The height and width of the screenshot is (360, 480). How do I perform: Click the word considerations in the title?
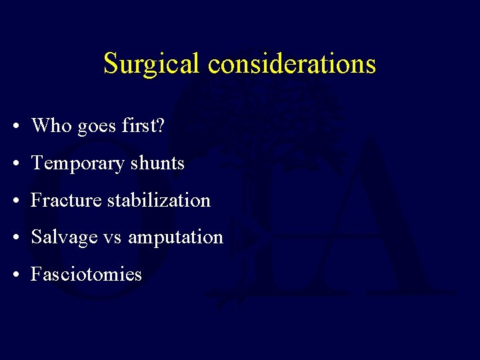tap(292, 64)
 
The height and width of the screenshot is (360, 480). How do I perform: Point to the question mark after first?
tap(159, 125)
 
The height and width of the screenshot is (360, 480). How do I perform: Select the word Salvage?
tap(64, 237)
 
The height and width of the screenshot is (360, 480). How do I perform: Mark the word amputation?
tap(175, 237)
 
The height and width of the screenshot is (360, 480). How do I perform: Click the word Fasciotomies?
tap(86, 274)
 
